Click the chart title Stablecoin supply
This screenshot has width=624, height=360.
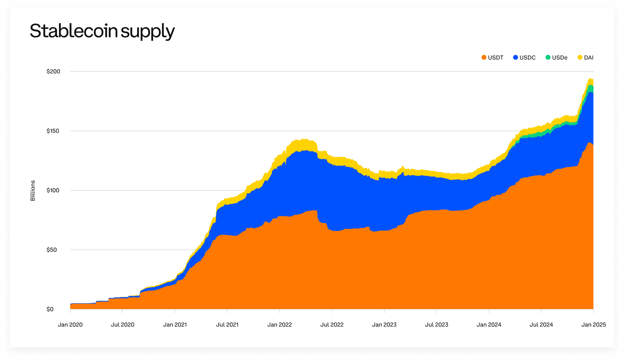pos(102,31)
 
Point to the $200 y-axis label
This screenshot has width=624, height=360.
pos(53,72)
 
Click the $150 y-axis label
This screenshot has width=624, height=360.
pos(53,131)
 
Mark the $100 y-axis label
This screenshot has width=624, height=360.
pos(53,190)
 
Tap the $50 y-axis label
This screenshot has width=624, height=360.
pos(52,250)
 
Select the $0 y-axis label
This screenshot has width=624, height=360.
pos(50,309)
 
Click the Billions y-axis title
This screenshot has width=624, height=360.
pos(33,191)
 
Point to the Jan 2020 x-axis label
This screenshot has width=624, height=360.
pos(70,325)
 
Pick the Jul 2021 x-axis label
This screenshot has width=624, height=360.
pos(227,325)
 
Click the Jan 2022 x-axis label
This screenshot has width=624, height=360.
pos(279,325)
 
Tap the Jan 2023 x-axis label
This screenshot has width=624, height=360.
pos(384,325)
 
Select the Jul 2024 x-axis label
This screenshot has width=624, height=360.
pos(541,325)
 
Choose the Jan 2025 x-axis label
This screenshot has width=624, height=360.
pos(594,325)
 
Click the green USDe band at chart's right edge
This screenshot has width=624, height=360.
pos(591,89)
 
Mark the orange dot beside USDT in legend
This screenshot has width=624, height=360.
pos(484,58)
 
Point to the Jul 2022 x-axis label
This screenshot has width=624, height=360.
pos(332,325)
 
